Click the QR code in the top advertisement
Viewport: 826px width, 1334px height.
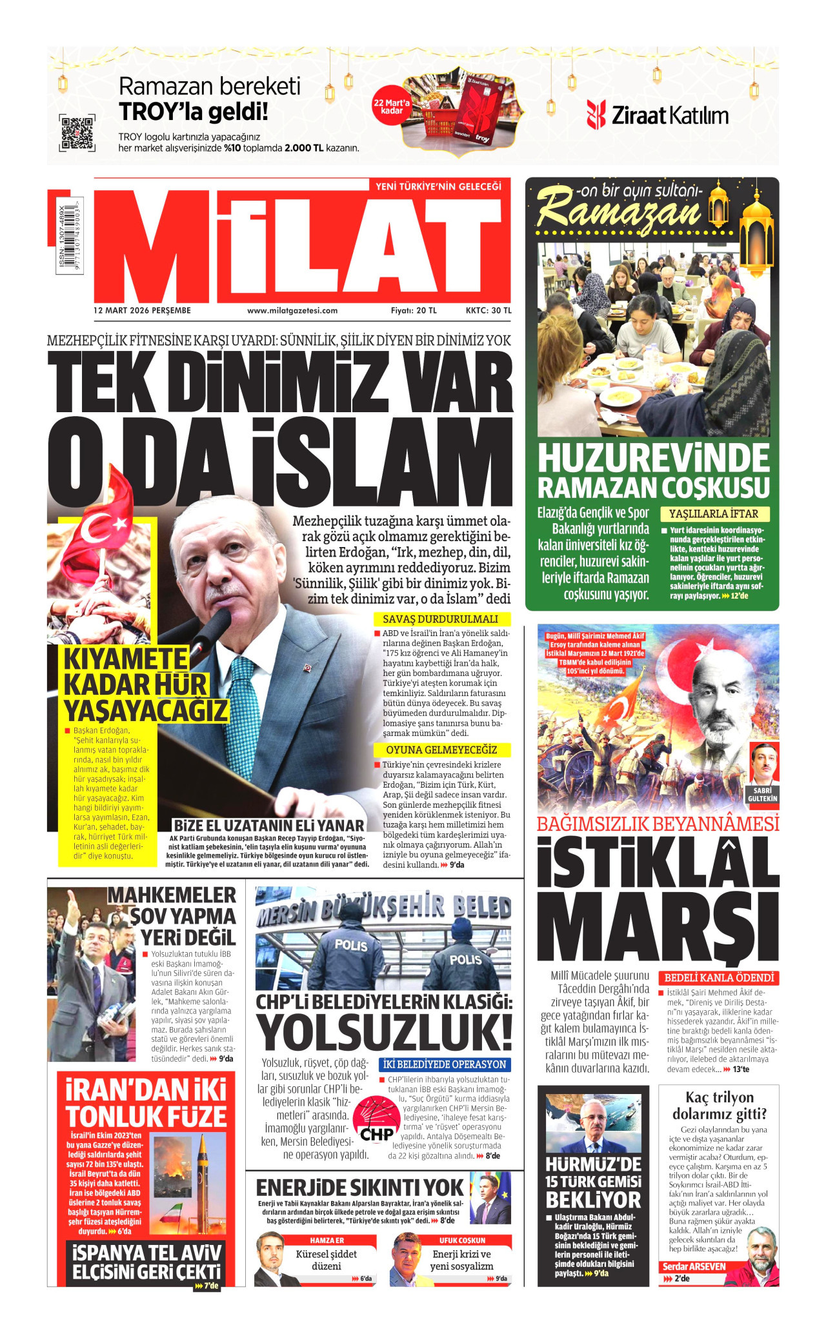pyautogui.click(x=77, y=133)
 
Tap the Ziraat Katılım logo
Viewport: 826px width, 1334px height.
pyautogui.click(x=658, y=115)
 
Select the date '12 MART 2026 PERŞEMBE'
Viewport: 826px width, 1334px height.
pyautogui.click(x=142, y=310)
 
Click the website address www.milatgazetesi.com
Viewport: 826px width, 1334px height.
pyautogui.click(x=292, y=310)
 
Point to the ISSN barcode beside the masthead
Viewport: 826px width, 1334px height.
pyautogui.click(x=68, y=239)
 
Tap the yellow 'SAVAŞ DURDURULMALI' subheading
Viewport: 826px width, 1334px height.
pyautogui.click(x=440, y=619)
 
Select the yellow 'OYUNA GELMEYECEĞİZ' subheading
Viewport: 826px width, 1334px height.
pyautogui.click(x=441, y=750)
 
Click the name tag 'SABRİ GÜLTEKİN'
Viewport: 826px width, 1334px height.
pyautogui.click(x=763, y=794)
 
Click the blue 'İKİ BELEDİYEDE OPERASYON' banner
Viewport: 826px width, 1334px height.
pyautogui.click(x=444, y=1064)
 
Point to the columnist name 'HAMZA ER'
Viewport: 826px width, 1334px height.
pyautogui.click(x=327, y=1240)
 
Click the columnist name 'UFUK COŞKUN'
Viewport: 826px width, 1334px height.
pyautogui.click(x=462, y=1240)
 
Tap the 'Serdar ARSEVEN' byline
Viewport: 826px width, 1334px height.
pyautogui.click(x=693, y=1266)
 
